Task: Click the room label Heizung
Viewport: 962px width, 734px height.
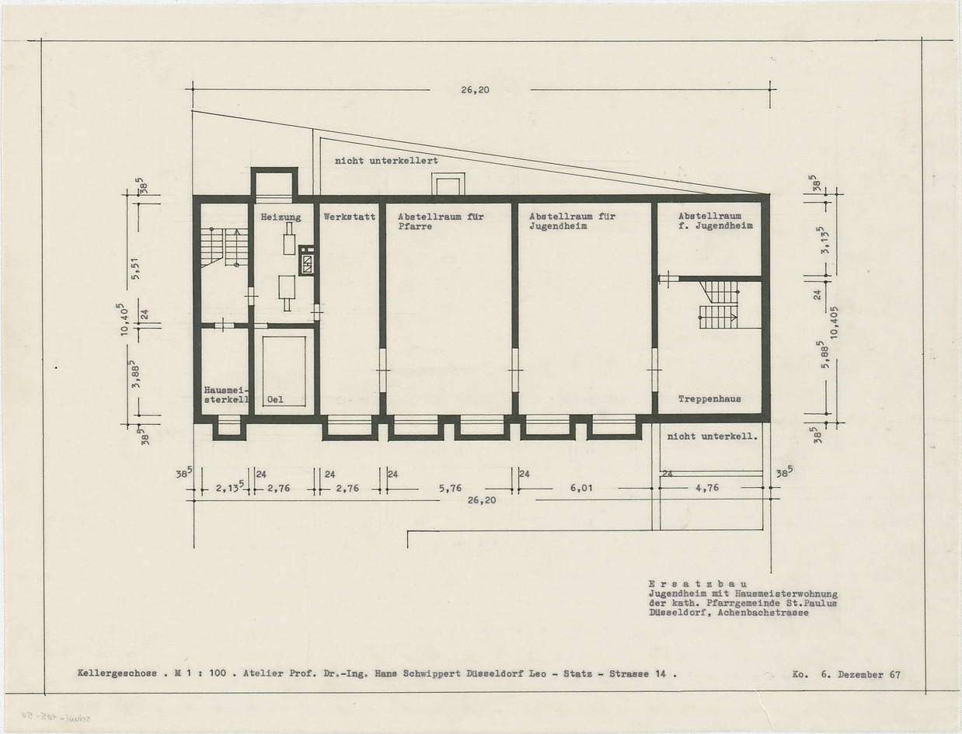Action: pos(281,217)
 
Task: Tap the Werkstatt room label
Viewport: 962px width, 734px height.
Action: pos(350,217)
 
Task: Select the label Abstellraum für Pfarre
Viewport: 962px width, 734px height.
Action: pos(441,221)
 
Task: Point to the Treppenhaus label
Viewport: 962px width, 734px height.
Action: pos(709,399)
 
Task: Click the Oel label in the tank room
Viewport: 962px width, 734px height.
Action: pos(275,399)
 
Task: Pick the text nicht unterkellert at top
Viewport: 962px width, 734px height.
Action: pos(386,161)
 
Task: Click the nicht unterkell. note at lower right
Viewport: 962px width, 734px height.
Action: pos(713,437)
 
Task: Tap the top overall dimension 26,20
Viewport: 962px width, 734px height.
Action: pos(475,90)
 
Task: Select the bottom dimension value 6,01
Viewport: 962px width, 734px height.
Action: pos(581,488)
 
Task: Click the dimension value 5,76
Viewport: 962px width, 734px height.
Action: pos(450,488)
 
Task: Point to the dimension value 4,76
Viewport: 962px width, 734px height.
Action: pos(707,488)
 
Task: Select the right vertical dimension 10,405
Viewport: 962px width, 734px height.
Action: pos(833,322)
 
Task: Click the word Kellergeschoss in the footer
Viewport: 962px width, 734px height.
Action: pos(117,673)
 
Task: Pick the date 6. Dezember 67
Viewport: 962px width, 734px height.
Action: pos(860,674)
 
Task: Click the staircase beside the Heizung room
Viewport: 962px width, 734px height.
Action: pos(225,248)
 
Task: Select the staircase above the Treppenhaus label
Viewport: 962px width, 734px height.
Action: pos(719,304)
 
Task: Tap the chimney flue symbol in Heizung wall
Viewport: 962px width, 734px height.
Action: pos(307,260)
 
